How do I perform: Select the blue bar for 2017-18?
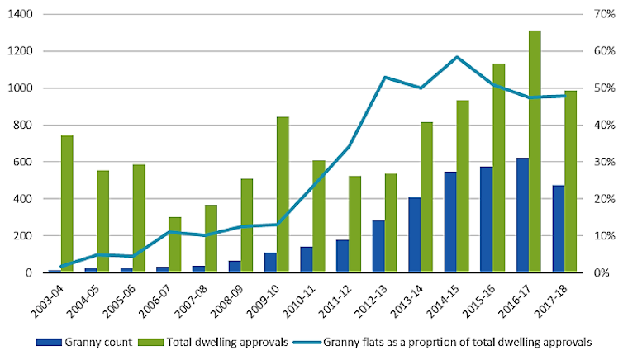pos(559,229)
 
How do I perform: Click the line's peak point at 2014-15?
pos(457,57)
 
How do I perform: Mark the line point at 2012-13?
pos(385,77)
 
